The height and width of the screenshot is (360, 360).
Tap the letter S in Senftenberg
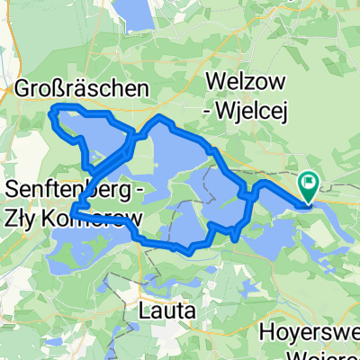tap(13, 191)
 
